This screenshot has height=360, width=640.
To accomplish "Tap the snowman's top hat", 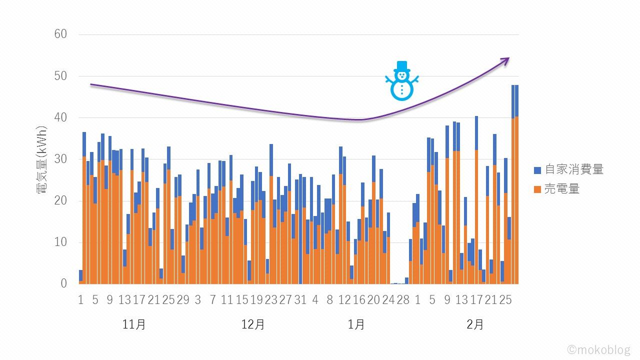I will click(x=401, y=66).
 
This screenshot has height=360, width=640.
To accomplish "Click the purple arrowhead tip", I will click(x=509, y=58).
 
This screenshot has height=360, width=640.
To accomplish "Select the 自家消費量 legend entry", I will click(x=573, y=169).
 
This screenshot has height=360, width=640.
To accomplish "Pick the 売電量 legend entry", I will click(x=561, y=189).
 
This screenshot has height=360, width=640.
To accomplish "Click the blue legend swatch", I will click(x=538, y=170).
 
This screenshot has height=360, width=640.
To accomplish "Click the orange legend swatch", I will click(x=538, y=189).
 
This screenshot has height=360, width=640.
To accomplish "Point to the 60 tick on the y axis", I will click(x=60, y=34).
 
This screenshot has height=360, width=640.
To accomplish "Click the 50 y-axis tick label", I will click(x=60, y=76).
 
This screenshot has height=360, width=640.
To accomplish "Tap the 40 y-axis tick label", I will click(x=60, y=117).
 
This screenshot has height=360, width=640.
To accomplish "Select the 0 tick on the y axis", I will click(x=63, y=283).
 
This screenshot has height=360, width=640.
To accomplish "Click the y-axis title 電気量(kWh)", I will click(x=43, y=159).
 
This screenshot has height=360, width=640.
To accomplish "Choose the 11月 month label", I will click(x=134, y=324).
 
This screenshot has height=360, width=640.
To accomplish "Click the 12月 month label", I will click(x=253, y=324).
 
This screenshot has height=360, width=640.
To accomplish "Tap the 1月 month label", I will click(x=356, y=324).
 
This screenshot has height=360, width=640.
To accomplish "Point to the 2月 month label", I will click(x=475, y=324).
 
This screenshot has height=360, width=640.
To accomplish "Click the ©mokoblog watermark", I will click(x=599, y=349).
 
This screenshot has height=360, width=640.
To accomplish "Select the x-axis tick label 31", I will click(x=300, y=299).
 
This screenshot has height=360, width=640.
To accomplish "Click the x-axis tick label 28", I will click(x=403, y=299).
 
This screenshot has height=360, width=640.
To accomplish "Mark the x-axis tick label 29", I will click(x=183, y=299).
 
